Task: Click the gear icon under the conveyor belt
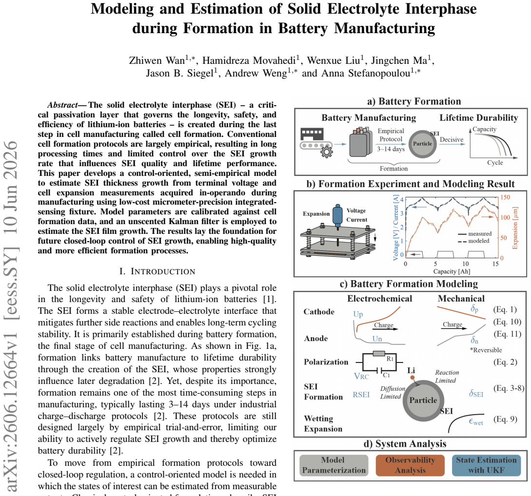pyautogui.click(x=327, y=152)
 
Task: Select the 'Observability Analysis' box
pyautogui.click(x=410, y=465)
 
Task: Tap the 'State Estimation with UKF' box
pyautogui.click(x=486, y=465)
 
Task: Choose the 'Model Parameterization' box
pyautogui.click(x=334, y=465)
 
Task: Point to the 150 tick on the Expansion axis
pyautogui.click(x=505, y=197)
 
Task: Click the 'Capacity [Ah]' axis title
pyautogui.click(x=452, y=271)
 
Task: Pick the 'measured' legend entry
pyautogui.click(x=475, y=234)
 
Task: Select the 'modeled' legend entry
pyautogui.click(x=474, y=241)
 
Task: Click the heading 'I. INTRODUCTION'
pyautogui.click(x=157, y=271)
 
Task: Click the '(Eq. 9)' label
pyautogui.click(x=505, y=419)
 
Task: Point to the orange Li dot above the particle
pyautogui.click(x=412, y=377)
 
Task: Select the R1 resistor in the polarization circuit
pyautogui.click(x=378, y=354)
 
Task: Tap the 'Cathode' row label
pyautogui.click(x=319, y=312)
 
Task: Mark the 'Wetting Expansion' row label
pyautogui.click(x=323, y=423)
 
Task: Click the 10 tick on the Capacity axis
pyautogui.click(x=465, y=264)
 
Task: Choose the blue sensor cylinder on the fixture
pyautogui.click(x=337, y=216)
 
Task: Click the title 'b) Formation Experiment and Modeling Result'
pyautogui.click(x=411, y=184)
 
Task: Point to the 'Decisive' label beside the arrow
pyautogui.click(x=452, y=139)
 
